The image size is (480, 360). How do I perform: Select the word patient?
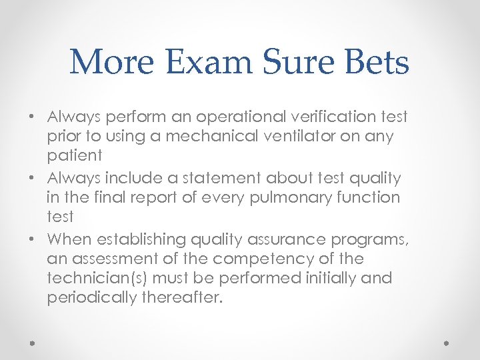click(x=75, y=156)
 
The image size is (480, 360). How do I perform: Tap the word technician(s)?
click(x=96, y=278)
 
